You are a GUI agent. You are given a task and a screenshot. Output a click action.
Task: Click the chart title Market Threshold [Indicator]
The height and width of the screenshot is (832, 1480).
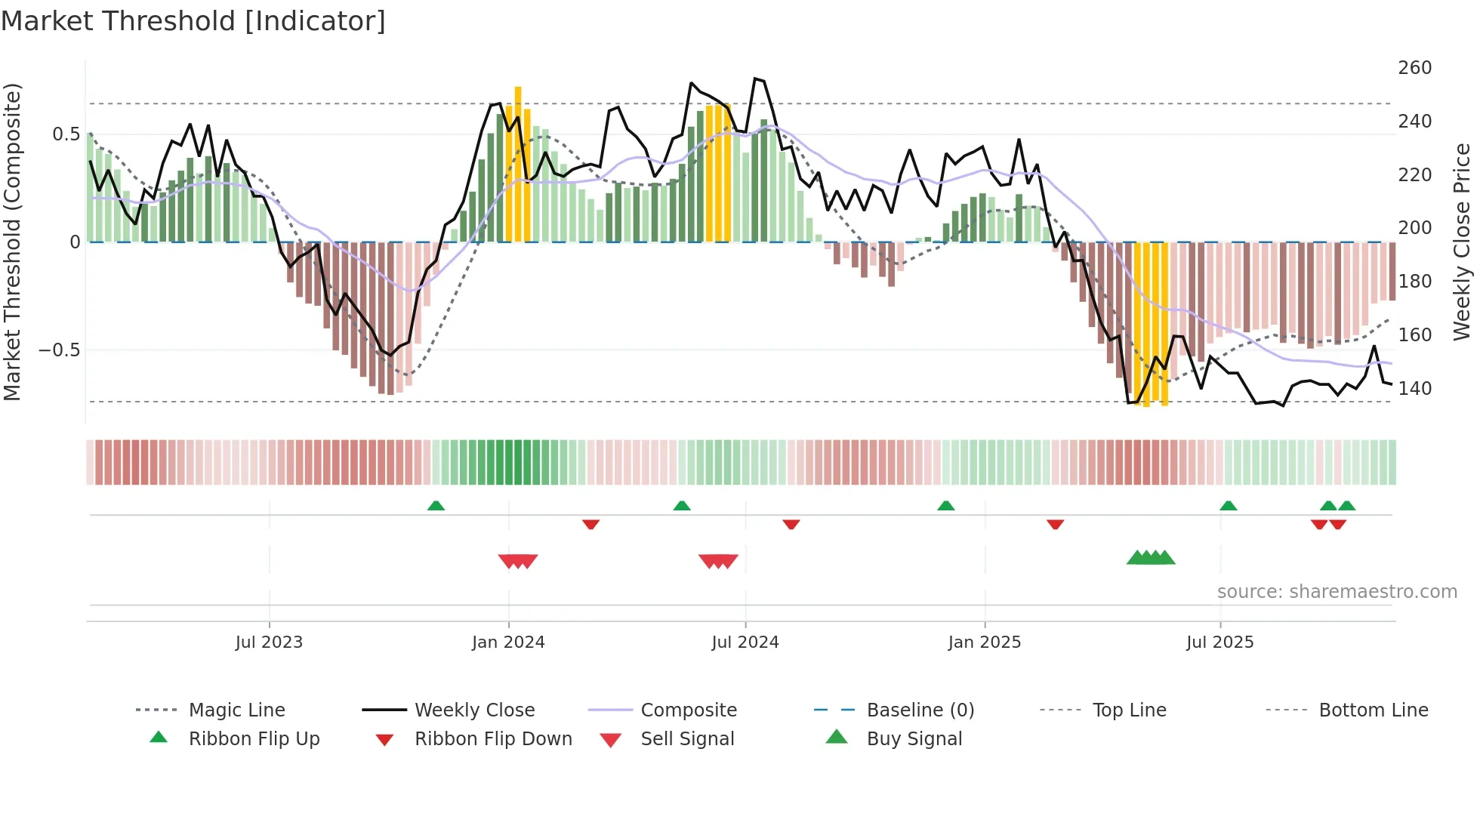point(193,21)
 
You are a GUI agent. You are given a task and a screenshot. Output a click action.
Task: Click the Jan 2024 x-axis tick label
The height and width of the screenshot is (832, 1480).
point(508,642)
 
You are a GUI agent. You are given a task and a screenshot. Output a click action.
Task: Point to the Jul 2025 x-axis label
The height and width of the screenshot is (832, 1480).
point(1219,642)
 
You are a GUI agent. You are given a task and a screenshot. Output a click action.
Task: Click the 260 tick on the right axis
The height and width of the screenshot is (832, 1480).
point(1414,68)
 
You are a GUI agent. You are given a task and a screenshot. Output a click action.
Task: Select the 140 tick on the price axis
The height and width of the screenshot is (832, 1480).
point(1414,389)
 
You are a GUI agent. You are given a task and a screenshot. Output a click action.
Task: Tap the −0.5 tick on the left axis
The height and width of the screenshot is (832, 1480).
point(59,350)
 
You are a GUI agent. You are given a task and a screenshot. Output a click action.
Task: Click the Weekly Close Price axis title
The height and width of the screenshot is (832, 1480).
point(1462,242)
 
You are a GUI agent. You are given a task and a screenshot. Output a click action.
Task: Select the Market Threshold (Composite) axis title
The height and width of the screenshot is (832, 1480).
point(12,242)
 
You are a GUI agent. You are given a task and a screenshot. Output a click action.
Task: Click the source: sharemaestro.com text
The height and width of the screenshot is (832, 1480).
point(1337,592)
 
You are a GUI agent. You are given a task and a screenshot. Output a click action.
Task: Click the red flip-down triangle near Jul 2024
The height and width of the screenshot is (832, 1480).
point(791,524)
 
